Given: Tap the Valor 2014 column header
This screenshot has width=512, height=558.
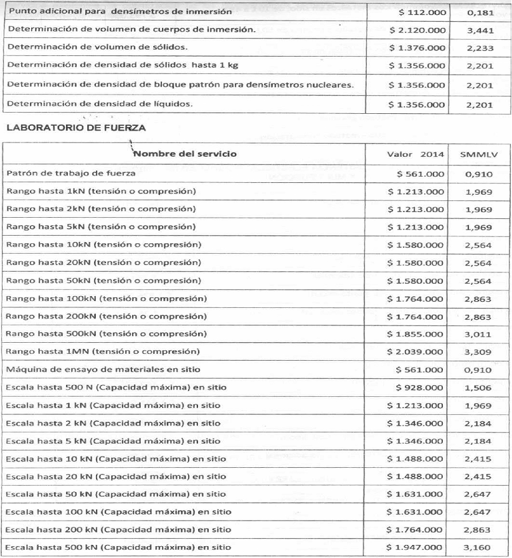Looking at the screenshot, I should coord(415,154).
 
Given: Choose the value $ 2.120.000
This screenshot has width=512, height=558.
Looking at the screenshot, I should coord(417,30).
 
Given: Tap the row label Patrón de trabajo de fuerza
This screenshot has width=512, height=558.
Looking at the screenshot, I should coord(71,174).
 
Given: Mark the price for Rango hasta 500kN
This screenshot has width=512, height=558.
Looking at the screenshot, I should coord(416,334).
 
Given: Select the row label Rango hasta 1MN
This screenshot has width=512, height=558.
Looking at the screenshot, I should coord(103,351).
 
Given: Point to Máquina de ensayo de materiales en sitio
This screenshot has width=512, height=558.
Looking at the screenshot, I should coord(103,370).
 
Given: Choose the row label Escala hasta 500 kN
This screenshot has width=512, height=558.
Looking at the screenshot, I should coord(118,547).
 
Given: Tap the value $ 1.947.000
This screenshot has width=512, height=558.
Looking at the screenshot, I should coord(416,547).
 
